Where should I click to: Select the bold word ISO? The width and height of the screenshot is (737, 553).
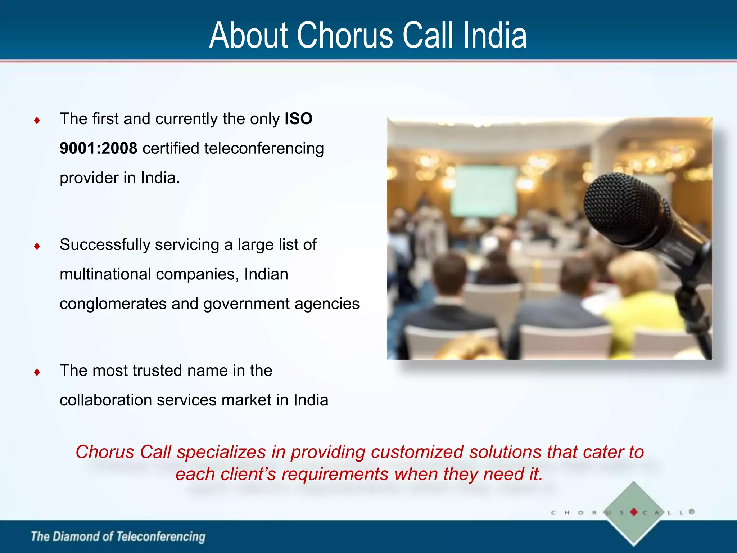(x=298, y=119)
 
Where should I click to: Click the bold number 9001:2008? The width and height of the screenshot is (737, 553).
(x=98, y=148)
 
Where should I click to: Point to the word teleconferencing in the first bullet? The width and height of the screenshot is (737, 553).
(x=264, y=148)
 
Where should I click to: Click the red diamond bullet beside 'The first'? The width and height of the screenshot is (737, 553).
(x=37, y=120)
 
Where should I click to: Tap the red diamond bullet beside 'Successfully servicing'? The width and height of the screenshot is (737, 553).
(x=37, y=246)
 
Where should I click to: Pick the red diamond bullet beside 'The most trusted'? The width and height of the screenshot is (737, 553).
(x=37, y=372)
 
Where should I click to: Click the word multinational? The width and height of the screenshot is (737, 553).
(x=105, y=274)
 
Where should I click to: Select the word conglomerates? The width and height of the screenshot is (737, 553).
(x=113, y=304)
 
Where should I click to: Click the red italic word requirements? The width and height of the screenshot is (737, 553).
(x=335, y=475)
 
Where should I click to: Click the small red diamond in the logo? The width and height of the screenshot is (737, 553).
(x=634, y=512)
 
